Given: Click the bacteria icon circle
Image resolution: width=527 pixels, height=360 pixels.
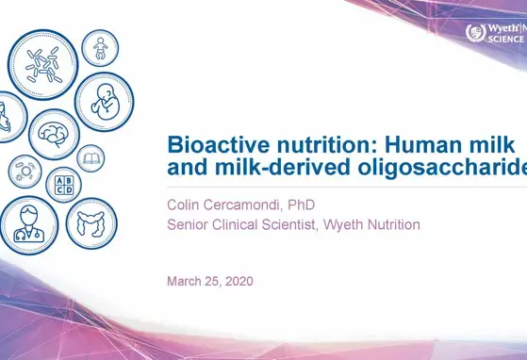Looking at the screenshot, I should (42, 63).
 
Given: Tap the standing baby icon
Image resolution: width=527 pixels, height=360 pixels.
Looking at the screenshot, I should (99, 46).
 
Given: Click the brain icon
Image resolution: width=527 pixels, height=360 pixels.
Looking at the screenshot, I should (54, 133).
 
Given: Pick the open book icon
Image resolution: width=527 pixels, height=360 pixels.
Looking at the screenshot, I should (91, 157).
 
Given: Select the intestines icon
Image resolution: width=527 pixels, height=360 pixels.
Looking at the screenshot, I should (91, 222).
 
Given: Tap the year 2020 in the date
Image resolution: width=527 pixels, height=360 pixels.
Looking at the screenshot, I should (236, 281).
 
